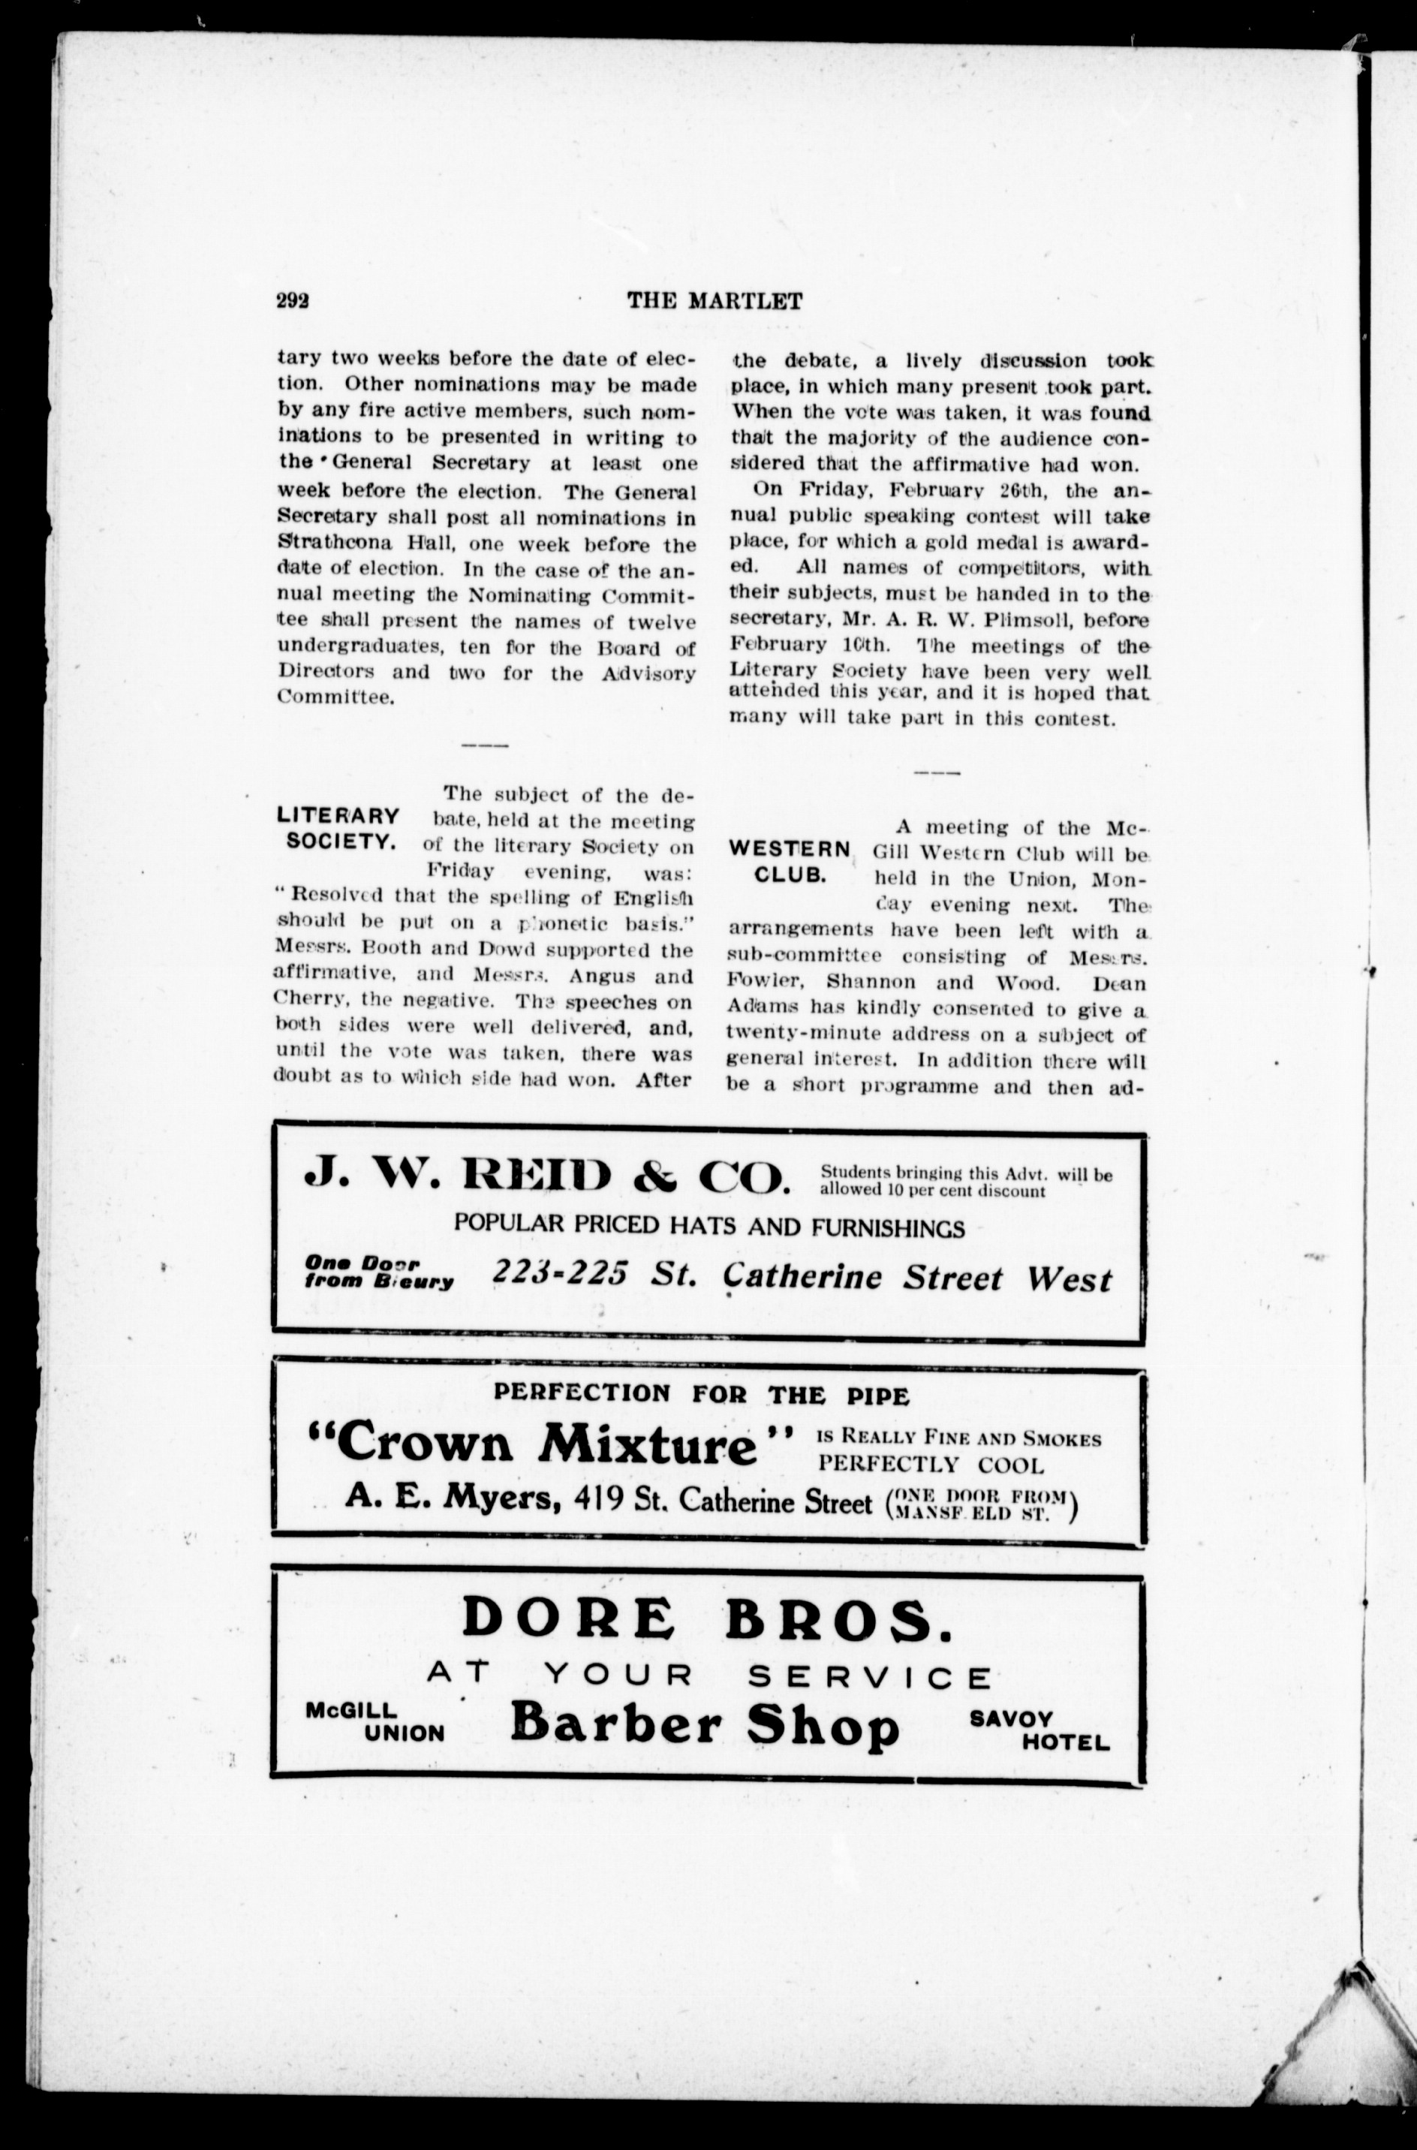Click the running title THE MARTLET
pyautogui.click(x=714, y=301)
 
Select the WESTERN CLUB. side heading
pyautogui.click(x=789, y=862)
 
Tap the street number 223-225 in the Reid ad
pyautogui.click(x=559, y=1273)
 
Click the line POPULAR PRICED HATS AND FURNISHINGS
pyautogui.click(x=708, y=1227)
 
